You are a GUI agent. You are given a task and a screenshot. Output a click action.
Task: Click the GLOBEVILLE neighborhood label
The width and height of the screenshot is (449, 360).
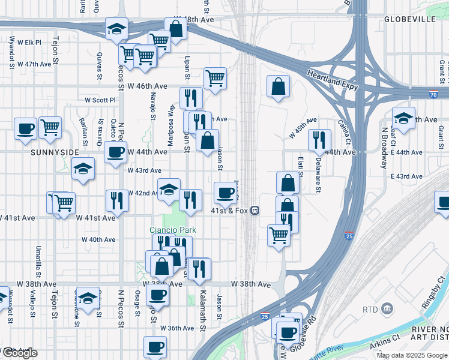tap(410, 19)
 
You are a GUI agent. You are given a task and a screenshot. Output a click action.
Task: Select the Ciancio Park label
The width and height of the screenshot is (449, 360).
tap(173, 230)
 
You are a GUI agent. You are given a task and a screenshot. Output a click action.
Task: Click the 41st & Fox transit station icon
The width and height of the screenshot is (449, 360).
tap(255, 211)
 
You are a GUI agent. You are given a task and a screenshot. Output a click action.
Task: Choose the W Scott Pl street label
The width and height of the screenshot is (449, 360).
tap(100, 100)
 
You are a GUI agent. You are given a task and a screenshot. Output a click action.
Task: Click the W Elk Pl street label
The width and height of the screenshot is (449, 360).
tap(29, 43)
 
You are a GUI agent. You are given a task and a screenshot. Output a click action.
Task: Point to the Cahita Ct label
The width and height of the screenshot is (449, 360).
tap(344, 127)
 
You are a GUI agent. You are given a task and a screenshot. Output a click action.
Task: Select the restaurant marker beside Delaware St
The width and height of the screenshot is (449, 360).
tap(319, 140)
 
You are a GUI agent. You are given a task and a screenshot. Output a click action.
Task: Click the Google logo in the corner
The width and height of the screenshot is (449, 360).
tap(19, 353)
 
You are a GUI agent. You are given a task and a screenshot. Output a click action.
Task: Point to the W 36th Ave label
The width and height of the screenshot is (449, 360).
tap(180, 328)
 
